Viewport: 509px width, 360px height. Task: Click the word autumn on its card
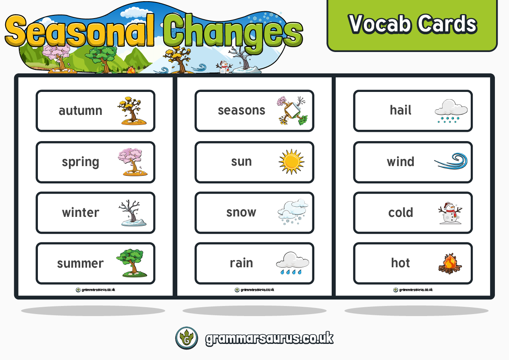80,111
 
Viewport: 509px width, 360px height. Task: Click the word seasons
241,110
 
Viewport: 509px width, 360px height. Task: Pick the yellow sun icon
291,162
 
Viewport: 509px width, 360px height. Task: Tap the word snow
241,212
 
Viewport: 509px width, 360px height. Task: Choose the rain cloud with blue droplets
292,263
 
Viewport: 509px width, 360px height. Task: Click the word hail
400,110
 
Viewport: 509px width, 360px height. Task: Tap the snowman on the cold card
450,213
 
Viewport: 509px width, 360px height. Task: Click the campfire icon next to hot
450,264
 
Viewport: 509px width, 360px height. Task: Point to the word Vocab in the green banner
380,24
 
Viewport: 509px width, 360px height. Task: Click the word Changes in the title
233,31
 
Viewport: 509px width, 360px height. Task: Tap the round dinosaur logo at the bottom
187,338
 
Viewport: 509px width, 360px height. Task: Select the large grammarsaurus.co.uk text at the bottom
269,338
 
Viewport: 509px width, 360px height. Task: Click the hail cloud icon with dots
451,111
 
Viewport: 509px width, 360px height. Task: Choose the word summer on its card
80,263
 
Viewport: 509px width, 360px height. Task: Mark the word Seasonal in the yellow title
81,31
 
